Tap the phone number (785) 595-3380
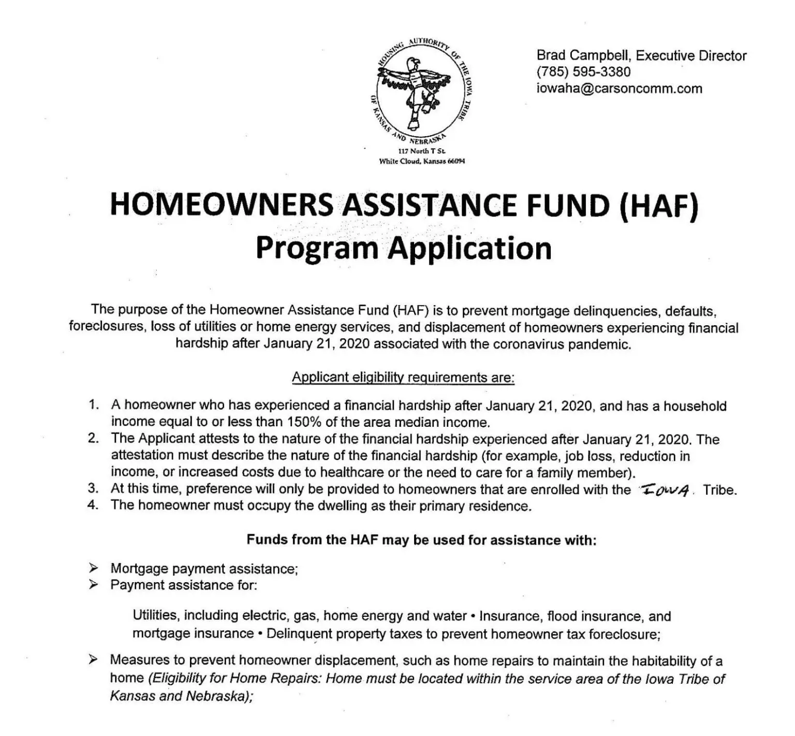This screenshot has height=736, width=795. click(583, 72)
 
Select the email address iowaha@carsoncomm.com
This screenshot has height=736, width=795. click(619, 89)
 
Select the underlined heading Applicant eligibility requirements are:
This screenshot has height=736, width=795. click(403, 377)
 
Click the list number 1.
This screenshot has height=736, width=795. click(93, 405)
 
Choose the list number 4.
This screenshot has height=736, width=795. click(93, 505)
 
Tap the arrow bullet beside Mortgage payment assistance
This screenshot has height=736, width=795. click(93, 568)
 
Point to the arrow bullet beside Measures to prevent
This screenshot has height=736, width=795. click(93, 659)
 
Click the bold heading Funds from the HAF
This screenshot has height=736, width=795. click(421, 540)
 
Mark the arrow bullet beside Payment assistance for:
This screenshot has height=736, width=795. click(93, 585)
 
